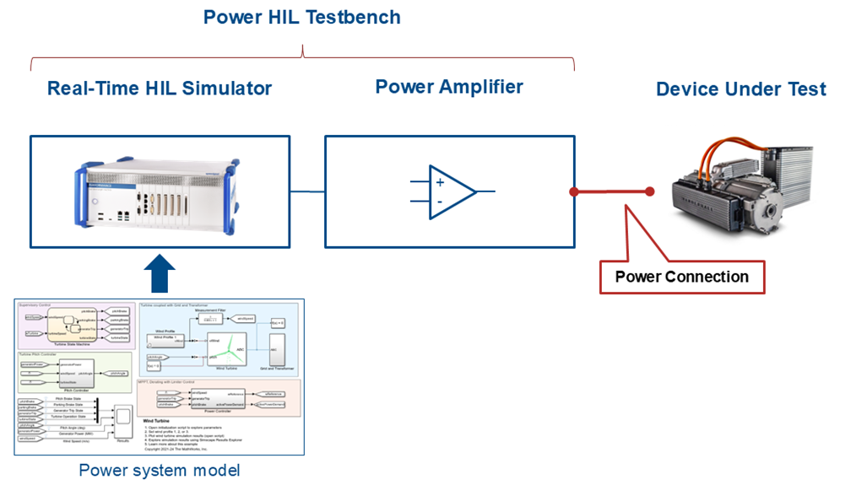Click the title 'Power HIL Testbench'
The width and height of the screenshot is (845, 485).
[x=302, y=17]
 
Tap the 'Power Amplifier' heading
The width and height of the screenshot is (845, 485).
[x=448, y=86]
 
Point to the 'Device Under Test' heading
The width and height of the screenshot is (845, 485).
[x=740, y=89]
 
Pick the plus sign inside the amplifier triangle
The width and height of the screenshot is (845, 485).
[x=440, y=181]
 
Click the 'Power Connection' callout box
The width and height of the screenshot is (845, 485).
[x=681, y=277]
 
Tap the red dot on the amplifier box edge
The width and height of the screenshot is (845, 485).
[x=575, y=192]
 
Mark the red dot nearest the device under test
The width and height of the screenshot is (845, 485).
[x=649, y=192]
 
